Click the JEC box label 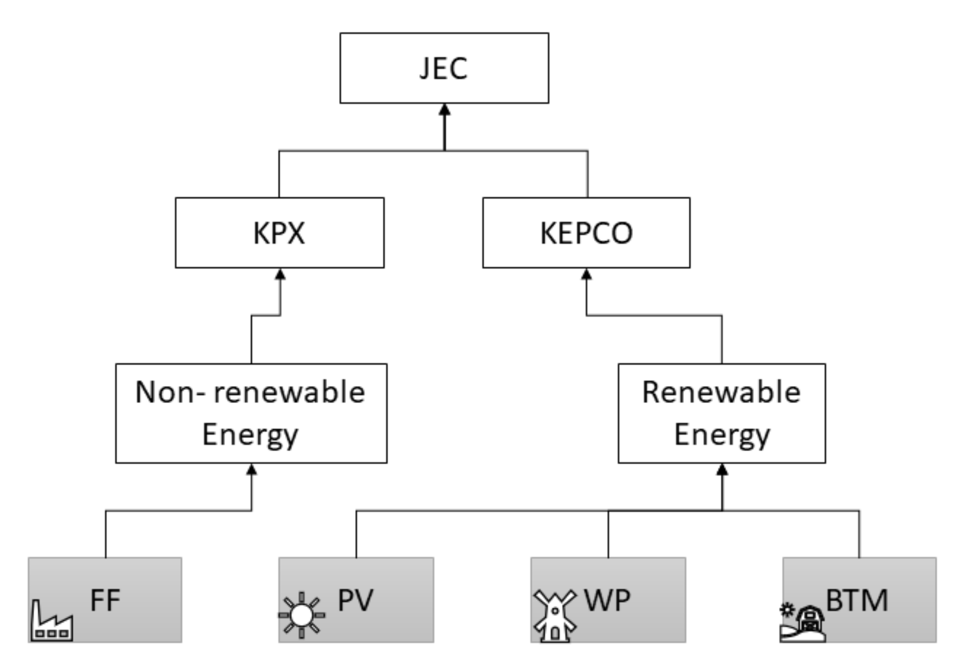pyautogui.click(x=444, y=68)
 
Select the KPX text pyautogui.click(x=279, y=233)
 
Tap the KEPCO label pyautogui.click(x=586, y=233)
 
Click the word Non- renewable pyautogui.click(x=250, y=392)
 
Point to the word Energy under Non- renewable pyautogui.click(x=250, y=435)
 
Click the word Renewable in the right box pyautogui.click(x=721, y=392)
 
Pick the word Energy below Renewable pyautogui.click(x=722, y=435)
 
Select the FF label pyautogui.click(x=105, y=600)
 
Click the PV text pyautogui.click(x=355, y=600)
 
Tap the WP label pyautogui.click(x=607, y=600)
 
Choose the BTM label pyautogui.click(x=857, y=600)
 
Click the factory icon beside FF pyautogui.click(x=52, y=622)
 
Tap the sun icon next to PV pyautogui.click(x=302, y=616)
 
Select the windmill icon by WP pyautogui.click(x=554, y=616)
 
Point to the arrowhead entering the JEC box pyautogui.click(x=444, y=110)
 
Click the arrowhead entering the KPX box pyautogui.click(x=280, y=275)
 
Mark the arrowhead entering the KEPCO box pyautogui.click(x=587, y=275)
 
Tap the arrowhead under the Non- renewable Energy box pyautogui.click(x=251, y=470)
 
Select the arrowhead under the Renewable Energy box pyautogui.click(x=722, y=470)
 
